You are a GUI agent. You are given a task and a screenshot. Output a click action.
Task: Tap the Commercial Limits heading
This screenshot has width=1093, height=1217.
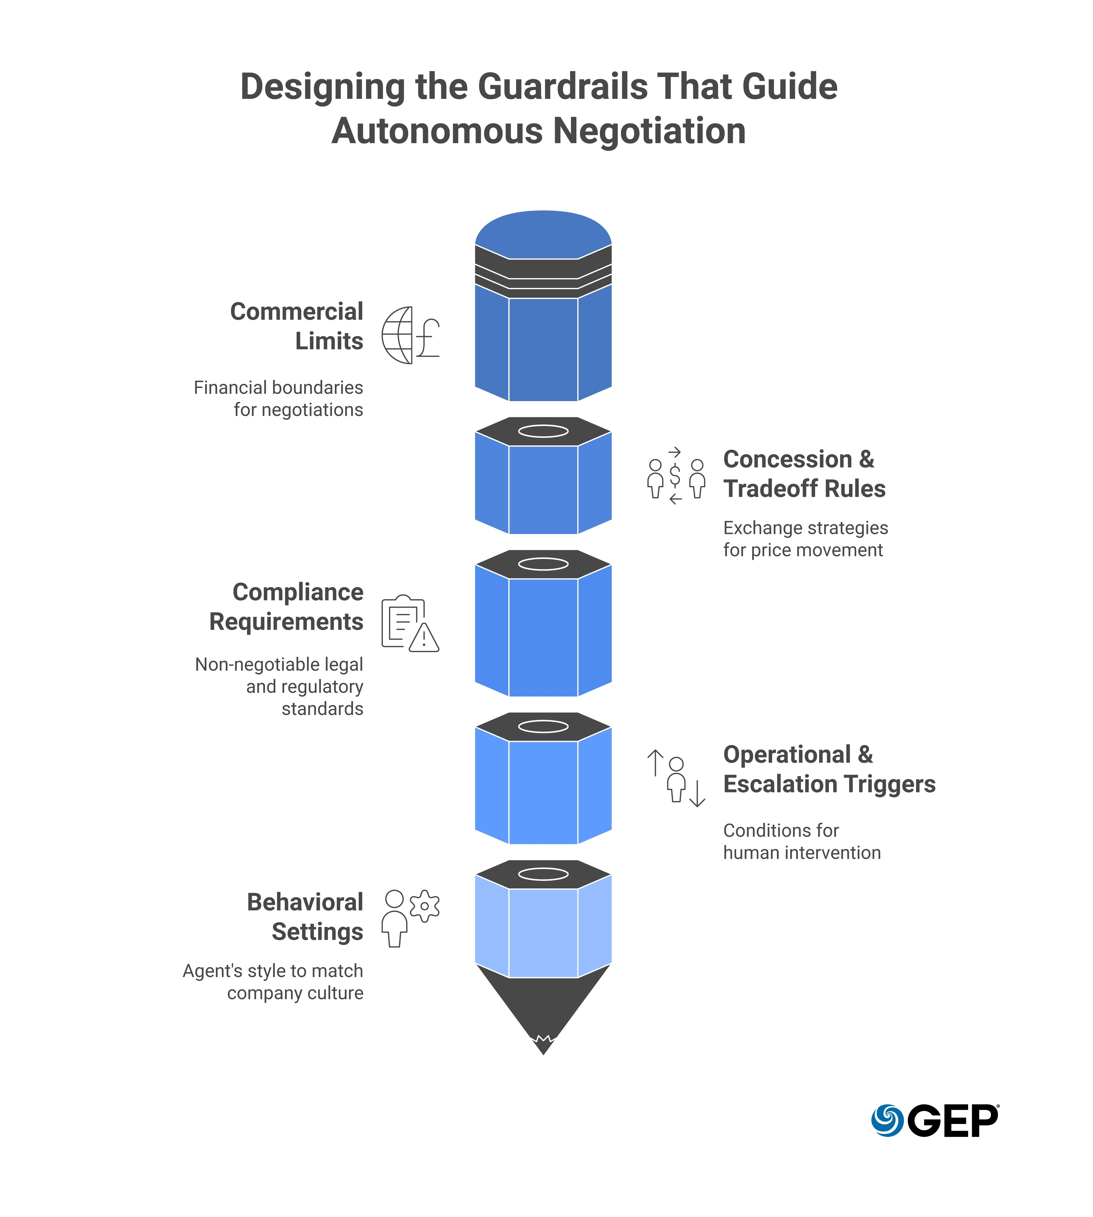point(297,326)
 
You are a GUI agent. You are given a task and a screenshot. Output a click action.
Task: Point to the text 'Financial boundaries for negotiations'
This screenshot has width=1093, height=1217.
point(279,398)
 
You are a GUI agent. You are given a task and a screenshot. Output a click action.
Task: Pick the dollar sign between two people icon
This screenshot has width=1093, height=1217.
point(676,475)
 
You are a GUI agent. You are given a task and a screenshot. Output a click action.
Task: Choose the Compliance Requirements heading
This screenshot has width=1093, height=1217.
point(287,606)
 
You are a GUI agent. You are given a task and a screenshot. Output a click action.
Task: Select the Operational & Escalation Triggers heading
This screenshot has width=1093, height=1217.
point(829,769)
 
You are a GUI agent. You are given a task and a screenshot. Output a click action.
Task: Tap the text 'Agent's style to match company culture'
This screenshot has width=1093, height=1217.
point(273,982)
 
